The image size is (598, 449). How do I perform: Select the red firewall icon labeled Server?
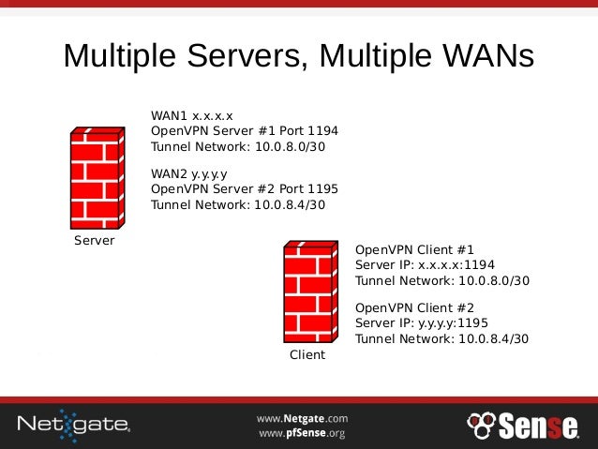point(95,178)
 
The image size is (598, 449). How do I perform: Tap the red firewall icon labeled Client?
point(308,292)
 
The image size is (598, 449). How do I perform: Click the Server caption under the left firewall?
point(94,241)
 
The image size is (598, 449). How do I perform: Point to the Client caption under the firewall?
point(307,354)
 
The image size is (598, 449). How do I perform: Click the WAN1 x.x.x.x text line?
point(192,115)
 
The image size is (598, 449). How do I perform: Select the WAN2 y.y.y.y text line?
point(189,173)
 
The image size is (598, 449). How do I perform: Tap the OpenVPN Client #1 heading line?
point(415,249)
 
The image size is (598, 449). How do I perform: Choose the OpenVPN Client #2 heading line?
point(415,307)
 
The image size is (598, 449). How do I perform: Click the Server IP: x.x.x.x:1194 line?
point(425,265)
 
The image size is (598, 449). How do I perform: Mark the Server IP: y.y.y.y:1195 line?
point(422,323)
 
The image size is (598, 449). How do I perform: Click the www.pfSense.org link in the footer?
point(302,433)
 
